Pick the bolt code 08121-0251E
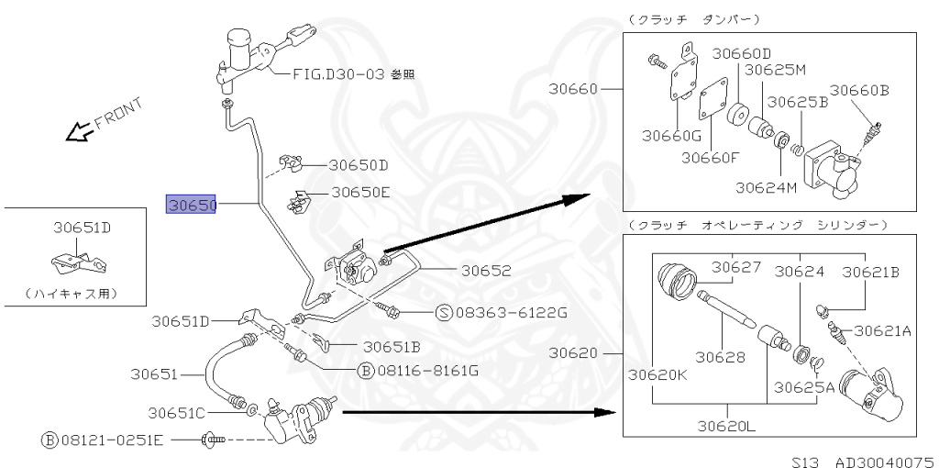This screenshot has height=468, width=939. [111, 440]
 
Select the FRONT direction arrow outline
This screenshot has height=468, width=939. [77, 133]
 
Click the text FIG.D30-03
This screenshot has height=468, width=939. [333, 73]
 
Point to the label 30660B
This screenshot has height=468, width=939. [859, 90]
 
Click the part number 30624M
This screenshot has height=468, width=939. [766, 187]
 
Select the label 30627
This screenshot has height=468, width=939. [737, 268]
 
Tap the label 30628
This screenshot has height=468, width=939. [719, 356]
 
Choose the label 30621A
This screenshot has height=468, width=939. [883, 330]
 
